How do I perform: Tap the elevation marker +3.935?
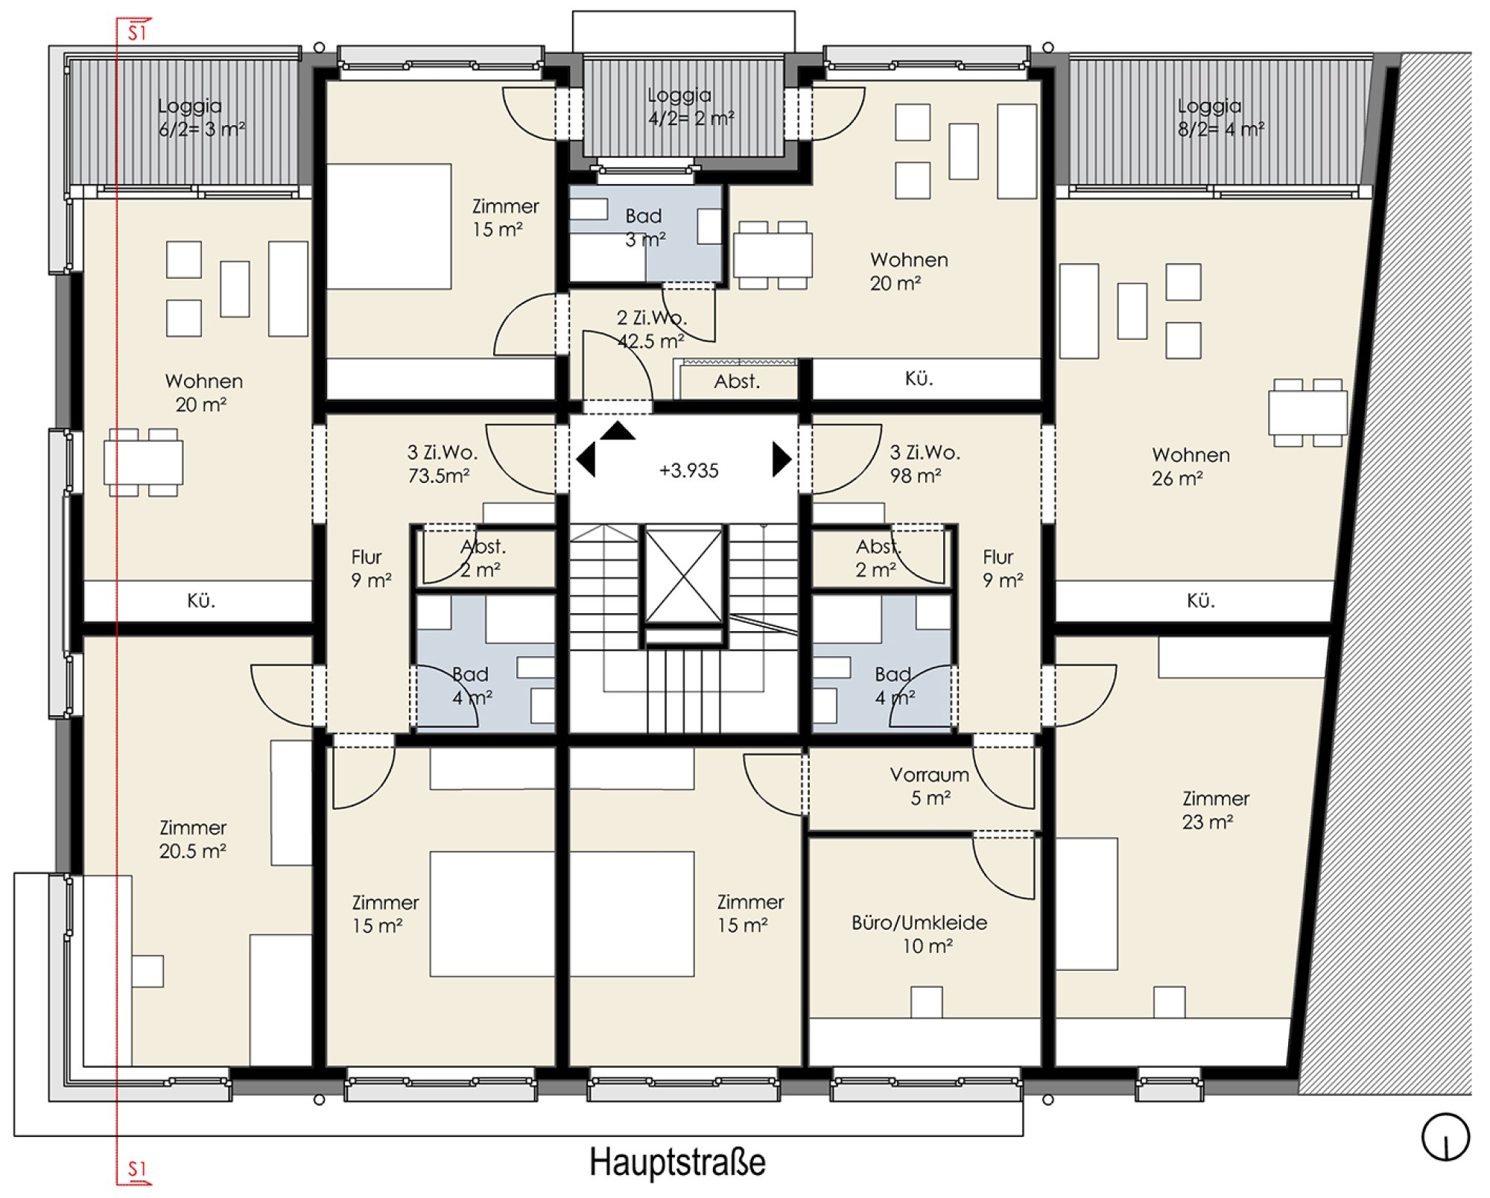pyautogui.click(x=689, y=471)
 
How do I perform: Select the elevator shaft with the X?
pyautogui.click(x=684, y=575)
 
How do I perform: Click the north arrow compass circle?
pyautogui.click(x=1445, y=1138)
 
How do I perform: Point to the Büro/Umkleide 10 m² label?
pyautogui.click(x=920, y=934)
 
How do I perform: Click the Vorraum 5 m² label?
pyautogui.click(x=930, y=786)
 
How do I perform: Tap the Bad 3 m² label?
pyautogui.click(x=644, y=228)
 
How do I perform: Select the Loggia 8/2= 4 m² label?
pyautogui.click(x=1220, y=118)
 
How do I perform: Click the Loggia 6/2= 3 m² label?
pyautogui.click(x=201, y=118)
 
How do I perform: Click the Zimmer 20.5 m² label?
pyautogui.click(x=193, y=839)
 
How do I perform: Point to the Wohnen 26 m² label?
pyautogui.click(x=1191, y=466)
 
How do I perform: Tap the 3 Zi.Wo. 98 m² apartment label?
pyautogui.click(x=925, y=463)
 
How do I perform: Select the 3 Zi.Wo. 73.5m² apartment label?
pyautogui.click(x=442, y=463)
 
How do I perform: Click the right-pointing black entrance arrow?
pyautogui.click(x=782, y=459)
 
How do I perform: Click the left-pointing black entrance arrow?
pyautogui.click(x=586, y=459)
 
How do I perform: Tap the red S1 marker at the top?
pyautogui.click(x=137, y=31)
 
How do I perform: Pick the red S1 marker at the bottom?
pyautogui.click(x=137, y=1169)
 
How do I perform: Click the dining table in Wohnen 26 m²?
pyautogui.click(x=1307, y=413)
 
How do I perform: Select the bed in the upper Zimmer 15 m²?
pyautogui.click(x=389, y=226)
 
